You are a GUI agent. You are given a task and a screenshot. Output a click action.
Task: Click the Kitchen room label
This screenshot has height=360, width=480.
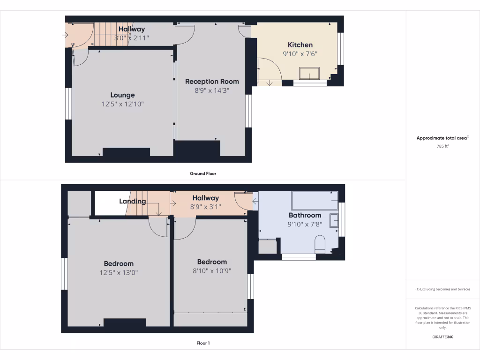(300, 45)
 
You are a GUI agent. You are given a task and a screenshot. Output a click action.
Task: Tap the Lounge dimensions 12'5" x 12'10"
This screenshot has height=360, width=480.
(122, 104)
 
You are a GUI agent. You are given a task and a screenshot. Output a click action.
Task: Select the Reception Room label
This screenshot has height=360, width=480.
(212, 81)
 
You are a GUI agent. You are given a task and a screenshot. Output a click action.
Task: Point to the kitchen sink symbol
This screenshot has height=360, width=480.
(310, 74)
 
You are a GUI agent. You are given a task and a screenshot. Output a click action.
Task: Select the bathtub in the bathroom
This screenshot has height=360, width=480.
(315, 200)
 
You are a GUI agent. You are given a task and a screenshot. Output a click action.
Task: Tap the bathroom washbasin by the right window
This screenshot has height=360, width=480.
(334, 220)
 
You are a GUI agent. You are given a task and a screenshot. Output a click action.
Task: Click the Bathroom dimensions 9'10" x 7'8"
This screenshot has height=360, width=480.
(305, 224)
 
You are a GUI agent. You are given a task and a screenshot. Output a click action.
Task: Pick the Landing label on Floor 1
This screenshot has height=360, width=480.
(132, 202)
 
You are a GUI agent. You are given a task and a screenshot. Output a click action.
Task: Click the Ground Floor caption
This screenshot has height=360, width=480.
(203, 173)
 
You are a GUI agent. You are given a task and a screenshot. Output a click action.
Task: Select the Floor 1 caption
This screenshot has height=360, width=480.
(203, 343)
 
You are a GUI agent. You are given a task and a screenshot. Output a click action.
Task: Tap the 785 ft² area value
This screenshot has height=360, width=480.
(442, 146)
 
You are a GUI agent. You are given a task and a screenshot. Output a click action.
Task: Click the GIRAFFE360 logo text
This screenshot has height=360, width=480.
(442, 337)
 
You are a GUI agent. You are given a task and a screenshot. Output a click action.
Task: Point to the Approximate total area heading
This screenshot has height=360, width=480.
(442, 138)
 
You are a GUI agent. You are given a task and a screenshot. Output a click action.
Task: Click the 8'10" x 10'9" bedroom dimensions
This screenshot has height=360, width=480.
(212, 270)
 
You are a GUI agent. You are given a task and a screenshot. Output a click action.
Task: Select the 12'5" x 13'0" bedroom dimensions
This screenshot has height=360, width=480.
(119, 272)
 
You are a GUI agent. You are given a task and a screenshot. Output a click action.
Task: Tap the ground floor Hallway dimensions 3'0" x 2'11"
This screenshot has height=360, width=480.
(131, 38)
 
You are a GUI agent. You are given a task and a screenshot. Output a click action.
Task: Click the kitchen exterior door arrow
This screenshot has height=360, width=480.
(270, 83)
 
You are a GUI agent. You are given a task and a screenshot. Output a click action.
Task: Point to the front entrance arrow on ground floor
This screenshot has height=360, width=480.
(65, 35)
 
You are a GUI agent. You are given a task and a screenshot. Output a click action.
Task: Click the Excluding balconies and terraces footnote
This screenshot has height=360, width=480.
(442, 289)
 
